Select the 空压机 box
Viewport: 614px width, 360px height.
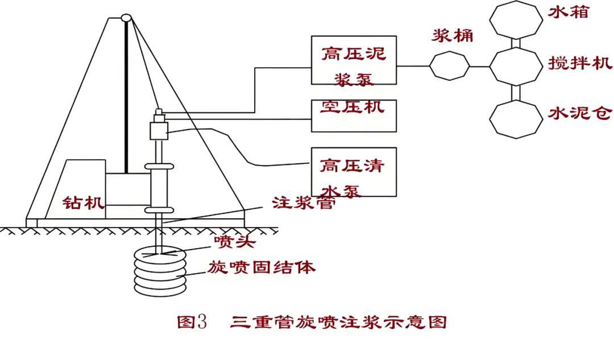(x=353, y=115)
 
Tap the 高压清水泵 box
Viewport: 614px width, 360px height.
(x=353, y=172)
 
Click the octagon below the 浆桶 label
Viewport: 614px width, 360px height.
(x=449, y=66)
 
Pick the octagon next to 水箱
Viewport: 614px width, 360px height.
(x=516, y=19)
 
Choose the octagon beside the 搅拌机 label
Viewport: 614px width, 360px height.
(x=516, y=66)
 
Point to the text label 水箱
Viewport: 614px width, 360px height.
(x=568, y=11)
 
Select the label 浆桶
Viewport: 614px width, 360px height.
(x=453, y=35)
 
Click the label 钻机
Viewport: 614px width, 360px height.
(x=84, y=202)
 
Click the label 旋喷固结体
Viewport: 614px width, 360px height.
(x=262, y=267)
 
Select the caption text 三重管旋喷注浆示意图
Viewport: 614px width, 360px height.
(x=339, y=322)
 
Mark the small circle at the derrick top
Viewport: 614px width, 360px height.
(x=126, y=18)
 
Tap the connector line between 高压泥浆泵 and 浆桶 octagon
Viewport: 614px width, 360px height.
(x=413, y=66)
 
